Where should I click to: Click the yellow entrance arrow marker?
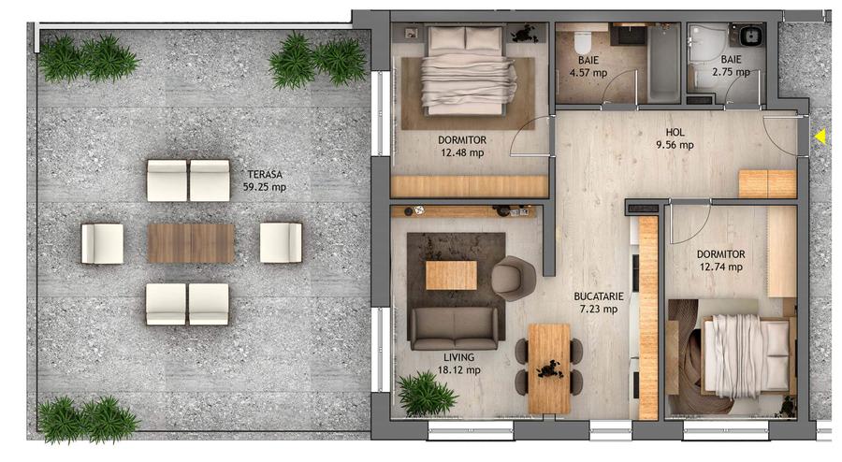point(820,137)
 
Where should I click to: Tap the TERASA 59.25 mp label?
point(265,180)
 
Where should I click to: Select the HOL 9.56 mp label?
point(675,138)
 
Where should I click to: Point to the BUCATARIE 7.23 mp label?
point(597,302)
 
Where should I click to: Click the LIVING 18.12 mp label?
point(460,363)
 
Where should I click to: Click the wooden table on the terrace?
point(191,243)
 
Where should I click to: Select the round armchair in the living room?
point(513,277)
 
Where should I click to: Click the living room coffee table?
point(451,275)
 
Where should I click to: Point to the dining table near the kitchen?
point(548,366)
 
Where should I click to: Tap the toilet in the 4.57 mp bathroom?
point(581,41)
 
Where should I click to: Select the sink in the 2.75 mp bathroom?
point(749,37)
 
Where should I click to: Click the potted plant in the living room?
point(427,394)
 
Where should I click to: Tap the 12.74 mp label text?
point(720,267)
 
